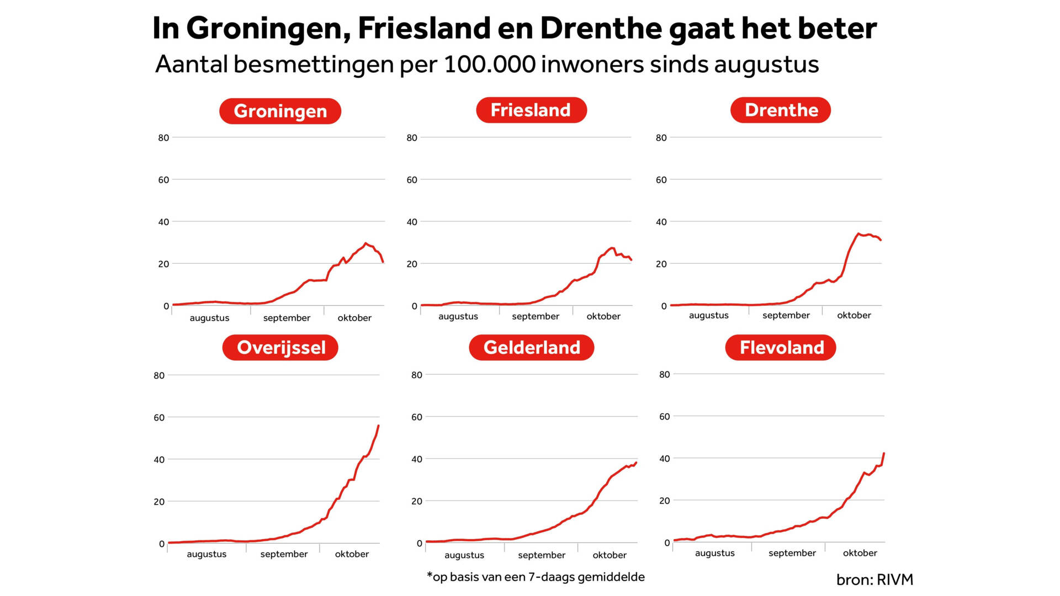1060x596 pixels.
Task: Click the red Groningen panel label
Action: (280, 111)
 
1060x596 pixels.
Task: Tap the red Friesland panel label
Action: (531, 110)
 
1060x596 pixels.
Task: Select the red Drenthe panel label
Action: (781, 110)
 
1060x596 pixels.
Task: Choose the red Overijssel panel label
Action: (280, 348)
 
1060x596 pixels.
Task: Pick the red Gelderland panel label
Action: (532, 348)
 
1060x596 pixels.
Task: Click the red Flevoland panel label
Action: (781, 348)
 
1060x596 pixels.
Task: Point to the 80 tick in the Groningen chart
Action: (163, 138)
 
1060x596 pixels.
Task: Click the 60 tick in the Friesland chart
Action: (412, 180)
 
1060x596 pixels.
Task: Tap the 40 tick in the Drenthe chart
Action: (661, 222)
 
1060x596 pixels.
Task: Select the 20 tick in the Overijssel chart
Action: (159, 502)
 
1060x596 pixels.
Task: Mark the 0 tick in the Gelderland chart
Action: (420, 544)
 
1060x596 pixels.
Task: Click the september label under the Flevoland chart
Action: (792, 553)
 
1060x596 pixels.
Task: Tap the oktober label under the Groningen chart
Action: (354, 318)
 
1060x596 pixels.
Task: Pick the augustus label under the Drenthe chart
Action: (708, 315)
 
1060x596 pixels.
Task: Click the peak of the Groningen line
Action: (365, 243)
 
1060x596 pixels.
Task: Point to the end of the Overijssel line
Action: (378, 425)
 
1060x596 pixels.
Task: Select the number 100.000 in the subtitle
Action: (489, 64)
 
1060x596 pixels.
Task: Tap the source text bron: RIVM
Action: (875, 579)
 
